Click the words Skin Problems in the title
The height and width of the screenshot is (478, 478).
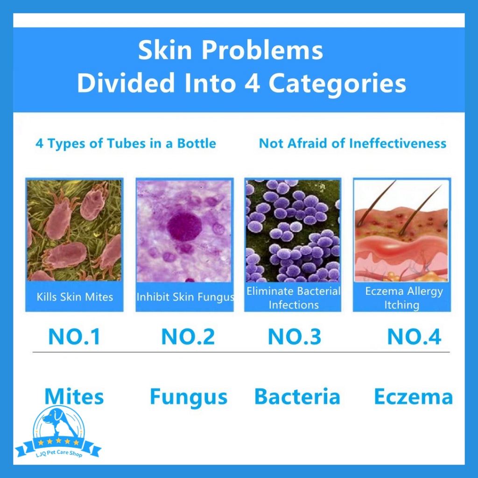pos(231,50)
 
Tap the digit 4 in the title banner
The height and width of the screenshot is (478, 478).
pos(252,83)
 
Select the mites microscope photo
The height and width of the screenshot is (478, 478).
pos(74,230)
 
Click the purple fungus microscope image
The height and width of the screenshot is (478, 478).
pos(184,231)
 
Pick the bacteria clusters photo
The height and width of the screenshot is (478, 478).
pos(293,231)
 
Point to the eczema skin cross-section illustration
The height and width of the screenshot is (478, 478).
pos(401,231)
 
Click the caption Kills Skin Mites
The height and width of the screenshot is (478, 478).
pos(75,297)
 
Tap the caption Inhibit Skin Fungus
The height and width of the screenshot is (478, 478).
pos(185,297)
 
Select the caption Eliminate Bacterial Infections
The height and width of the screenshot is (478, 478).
pos(293,298)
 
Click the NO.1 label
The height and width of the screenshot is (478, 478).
pos(74,337)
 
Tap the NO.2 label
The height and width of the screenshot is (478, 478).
pos(188,337)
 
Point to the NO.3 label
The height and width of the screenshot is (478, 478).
pos(295,337)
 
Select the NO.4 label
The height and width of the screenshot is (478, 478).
pos(414,337)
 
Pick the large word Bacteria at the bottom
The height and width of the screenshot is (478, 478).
pos(297,397)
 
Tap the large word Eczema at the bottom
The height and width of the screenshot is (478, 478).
pos(414,397)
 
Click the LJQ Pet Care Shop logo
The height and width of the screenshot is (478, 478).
pos(58,433)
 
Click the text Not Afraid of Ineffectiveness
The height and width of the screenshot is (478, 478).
pos(353,143)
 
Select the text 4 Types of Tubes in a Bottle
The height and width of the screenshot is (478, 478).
pos(126,144)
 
